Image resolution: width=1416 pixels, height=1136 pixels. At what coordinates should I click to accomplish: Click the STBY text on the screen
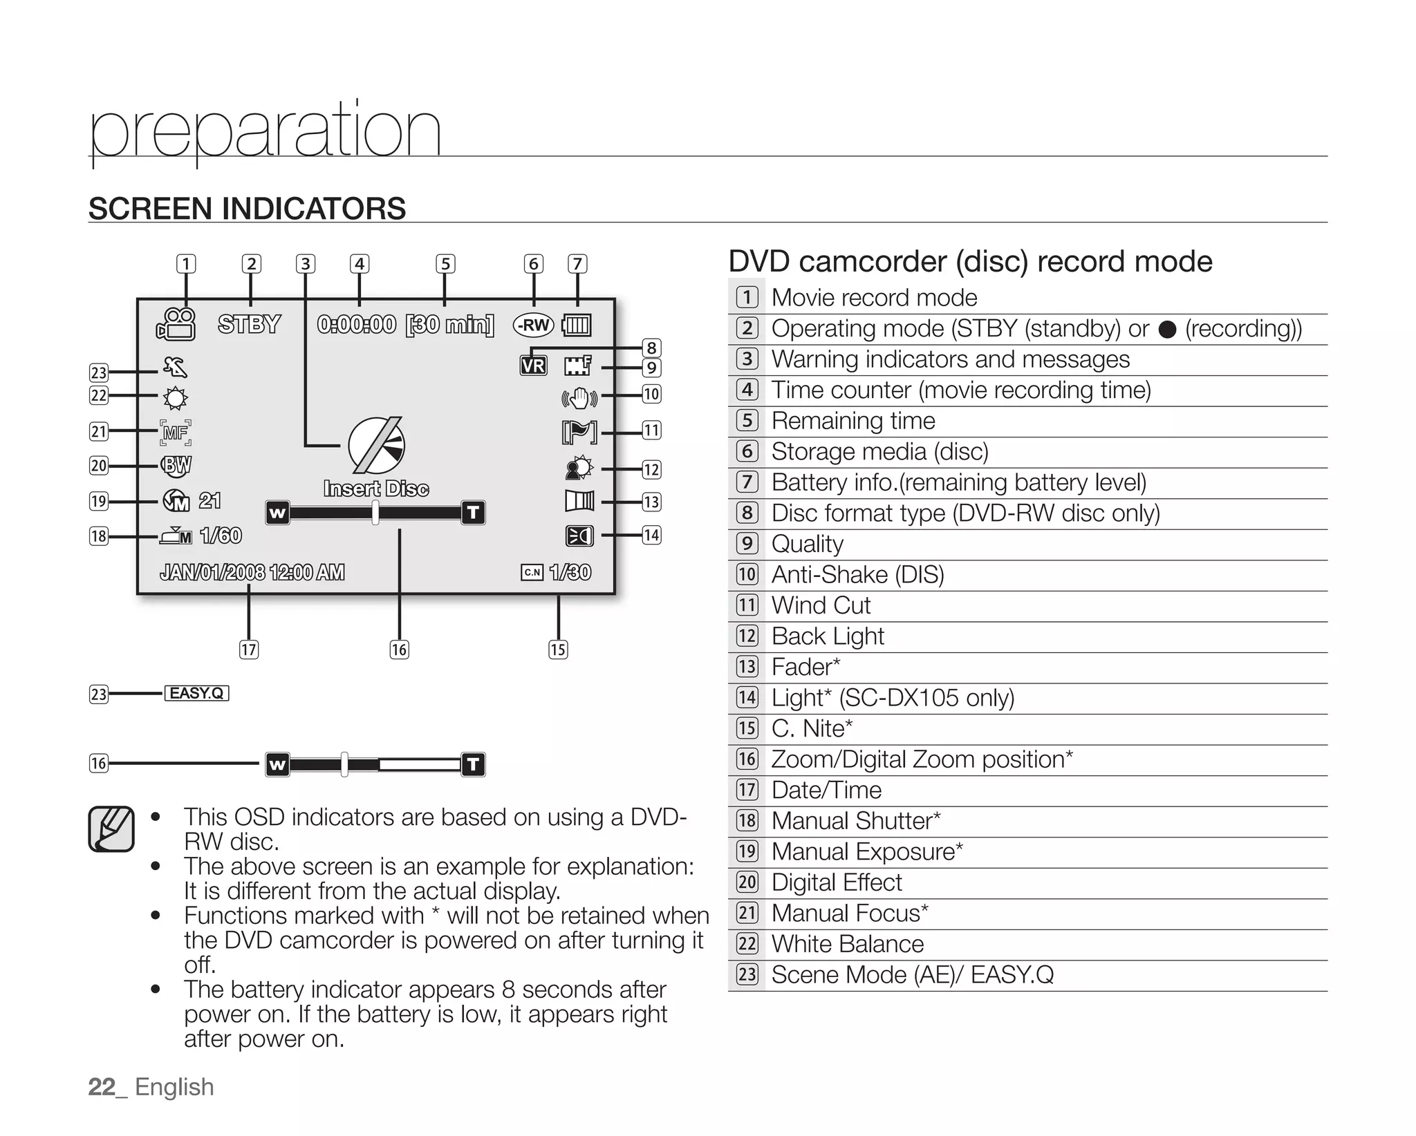[x=249, y=324]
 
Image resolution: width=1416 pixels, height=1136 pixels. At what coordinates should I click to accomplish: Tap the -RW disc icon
[x=533, y=325]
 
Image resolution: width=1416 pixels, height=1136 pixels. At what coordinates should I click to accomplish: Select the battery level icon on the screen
[x=577, y=325]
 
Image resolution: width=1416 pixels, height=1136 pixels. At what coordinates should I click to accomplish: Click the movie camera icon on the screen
[x=177, y=324]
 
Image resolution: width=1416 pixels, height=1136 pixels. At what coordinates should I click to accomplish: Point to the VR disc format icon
[x=533, y=366]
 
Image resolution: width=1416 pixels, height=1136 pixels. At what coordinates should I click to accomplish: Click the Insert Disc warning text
[x=376, y=489]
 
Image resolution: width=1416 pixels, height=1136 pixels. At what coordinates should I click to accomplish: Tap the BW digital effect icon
[x=176, y=465]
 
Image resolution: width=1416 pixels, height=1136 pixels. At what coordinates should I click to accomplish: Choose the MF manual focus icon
[x=176, y=433]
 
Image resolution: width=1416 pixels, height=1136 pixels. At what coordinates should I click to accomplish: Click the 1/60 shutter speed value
[x=221, y=536]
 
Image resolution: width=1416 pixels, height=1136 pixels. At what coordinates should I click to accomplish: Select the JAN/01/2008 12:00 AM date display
[x=252, y=572]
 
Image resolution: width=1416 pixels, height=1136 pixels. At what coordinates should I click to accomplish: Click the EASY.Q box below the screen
[x=196, y=693]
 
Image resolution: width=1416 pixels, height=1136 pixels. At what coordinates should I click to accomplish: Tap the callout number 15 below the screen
[x=558, y=650]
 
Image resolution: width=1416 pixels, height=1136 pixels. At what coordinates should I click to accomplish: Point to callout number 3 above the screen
[x=305, y=264]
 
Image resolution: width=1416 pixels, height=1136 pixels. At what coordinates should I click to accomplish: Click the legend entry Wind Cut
[x=821, y=605]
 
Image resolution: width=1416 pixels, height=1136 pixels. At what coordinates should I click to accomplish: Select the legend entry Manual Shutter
[x=855, y=821]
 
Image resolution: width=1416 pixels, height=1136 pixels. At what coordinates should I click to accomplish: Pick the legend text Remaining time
[x=853, y=421]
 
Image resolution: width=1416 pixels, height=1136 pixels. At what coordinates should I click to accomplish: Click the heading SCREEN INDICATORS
[x=247, y=209]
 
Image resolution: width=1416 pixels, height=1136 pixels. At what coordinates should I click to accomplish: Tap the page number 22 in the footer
[x=102, y=1087]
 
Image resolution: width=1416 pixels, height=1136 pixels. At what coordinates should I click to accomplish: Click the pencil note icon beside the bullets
[x=111, y=829]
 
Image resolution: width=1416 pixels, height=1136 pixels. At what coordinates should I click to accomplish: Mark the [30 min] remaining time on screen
[x=449, y=324]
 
